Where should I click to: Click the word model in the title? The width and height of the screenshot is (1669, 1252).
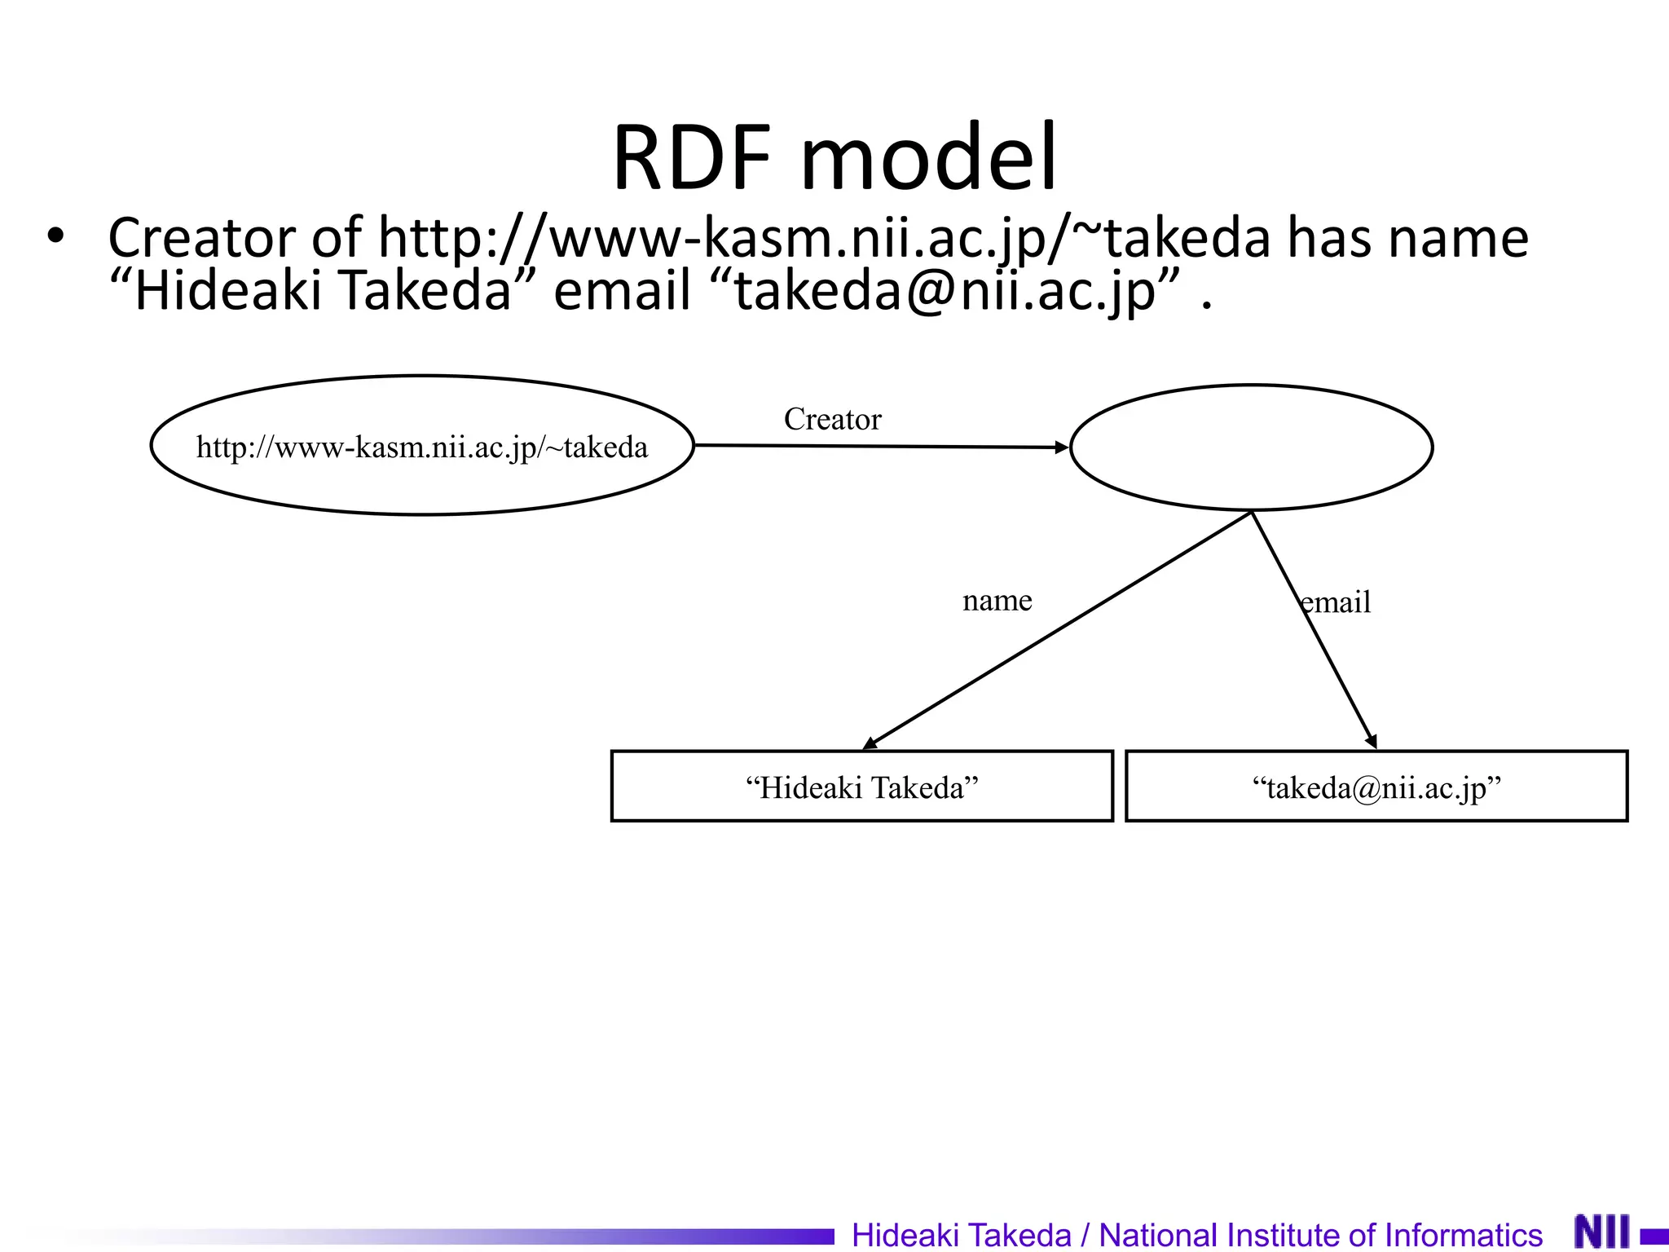(928, 156)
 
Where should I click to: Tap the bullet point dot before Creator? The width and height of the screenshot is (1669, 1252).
(55, 236)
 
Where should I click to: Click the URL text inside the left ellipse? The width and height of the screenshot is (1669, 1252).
(422, 447)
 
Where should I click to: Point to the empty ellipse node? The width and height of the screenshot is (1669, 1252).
(1251, 447)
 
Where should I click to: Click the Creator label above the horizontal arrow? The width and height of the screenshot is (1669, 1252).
(832, 419)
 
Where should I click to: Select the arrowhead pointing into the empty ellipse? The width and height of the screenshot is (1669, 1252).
(1061, 447)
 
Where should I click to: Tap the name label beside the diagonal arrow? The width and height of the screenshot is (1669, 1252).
(997, 601)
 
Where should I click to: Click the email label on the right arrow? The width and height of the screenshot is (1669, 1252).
(1337, 602)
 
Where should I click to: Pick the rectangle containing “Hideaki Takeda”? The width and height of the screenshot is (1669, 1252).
(861, 787)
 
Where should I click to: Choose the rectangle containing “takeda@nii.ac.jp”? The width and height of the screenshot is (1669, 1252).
(1376, 787)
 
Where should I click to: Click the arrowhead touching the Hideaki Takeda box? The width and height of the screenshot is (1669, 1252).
(870, 743)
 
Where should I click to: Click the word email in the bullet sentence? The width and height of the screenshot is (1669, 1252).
(622, 291)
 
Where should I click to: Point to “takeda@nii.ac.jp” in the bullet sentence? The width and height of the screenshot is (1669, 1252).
(945, 291)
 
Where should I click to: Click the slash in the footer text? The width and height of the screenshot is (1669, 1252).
(1085, 1235)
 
